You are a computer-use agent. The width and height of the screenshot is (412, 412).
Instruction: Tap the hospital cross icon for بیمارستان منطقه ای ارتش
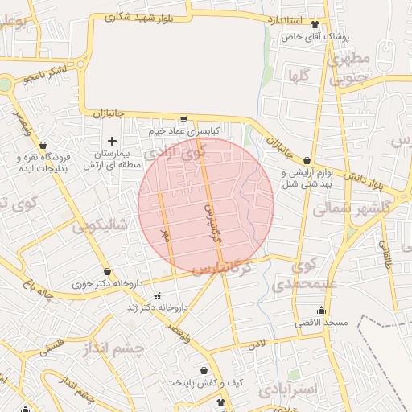(112, 142)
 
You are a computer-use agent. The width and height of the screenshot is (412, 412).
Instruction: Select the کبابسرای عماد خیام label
(185, 130)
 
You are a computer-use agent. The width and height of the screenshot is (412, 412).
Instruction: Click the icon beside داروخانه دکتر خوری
(108, 272)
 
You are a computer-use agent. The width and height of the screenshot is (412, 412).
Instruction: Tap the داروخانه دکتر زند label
(157, 307)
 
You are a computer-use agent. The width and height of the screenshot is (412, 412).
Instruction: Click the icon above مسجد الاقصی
(321, 311)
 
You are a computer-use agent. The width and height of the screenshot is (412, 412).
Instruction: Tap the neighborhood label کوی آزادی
(179, 150)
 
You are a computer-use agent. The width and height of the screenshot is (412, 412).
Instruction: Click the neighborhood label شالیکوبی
(100, 226)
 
